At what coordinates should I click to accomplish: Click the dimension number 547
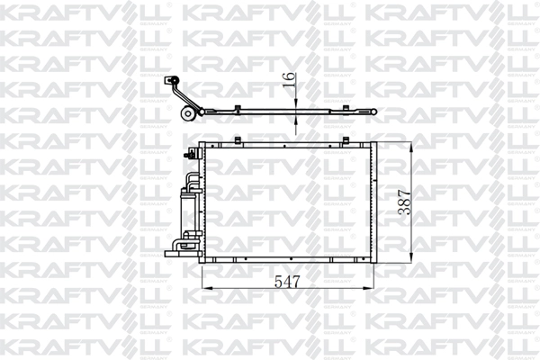tap(286, 280)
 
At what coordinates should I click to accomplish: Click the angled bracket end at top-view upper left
tap(168, 83)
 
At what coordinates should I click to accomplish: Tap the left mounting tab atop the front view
tap(235, 139)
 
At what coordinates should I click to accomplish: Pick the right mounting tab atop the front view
tap(346, 139)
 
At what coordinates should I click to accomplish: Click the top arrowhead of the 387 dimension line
tap(411, 146)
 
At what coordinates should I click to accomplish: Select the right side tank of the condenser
tap(372, 202)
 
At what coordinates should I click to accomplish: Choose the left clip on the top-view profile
tap(235, 110)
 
